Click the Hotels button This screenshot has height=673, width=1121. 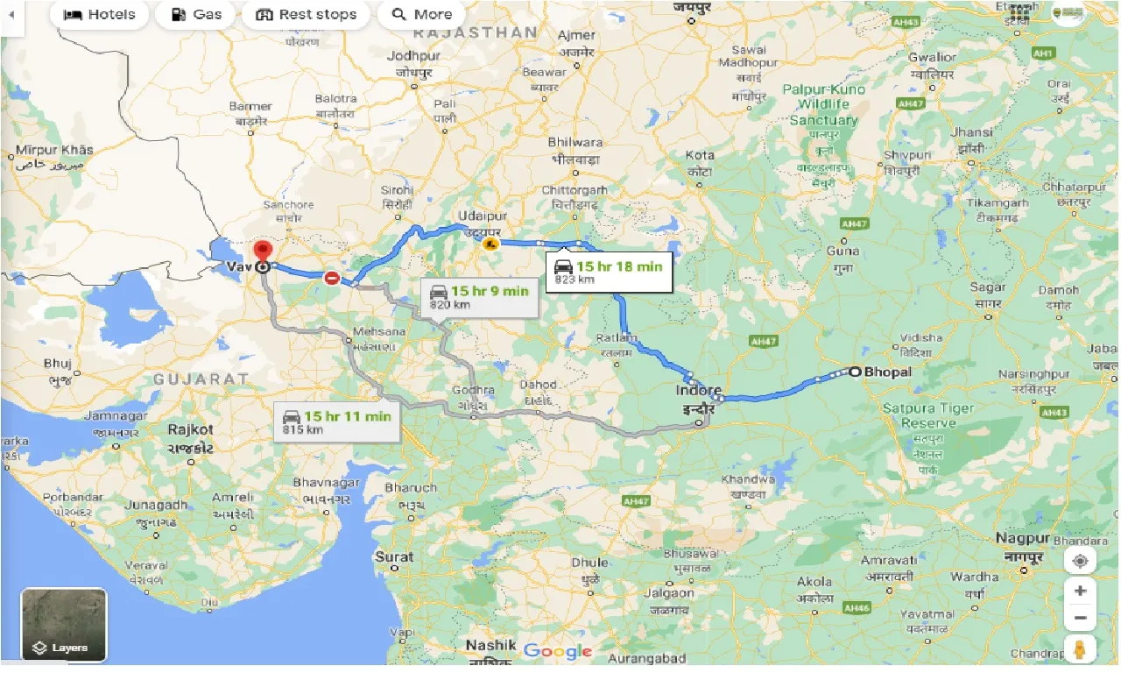click(100, 14)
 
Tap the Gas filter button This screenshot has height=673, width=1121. click(196, 14)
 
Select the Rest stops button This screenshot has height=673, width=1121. click(307, 14)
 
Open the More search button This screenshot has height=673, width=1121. click(422, 14)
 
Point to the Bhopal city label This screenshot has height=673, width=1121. click(887, 372)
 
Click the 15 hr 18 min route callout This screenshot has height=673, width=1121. click(609, 272)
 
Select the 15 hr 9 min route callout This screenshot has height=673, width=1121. click(478, 297)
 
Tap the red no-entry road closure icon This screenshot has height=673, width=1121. click(332, 279)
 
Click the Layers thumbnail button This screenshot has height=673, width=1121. click(64, 625)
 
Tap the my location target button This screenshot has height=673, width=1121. click(1080, 561)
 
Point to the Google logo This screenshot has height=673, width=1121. click(558, 651)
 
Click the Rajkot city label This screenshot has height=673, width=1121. click(192, 429)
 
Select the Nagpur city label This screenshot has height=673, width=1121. click(1022, 538)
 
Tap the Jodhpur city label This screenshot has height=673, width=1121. click(416, 56)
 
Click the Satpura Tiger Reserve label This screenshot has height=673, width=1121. click(927, 415)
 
